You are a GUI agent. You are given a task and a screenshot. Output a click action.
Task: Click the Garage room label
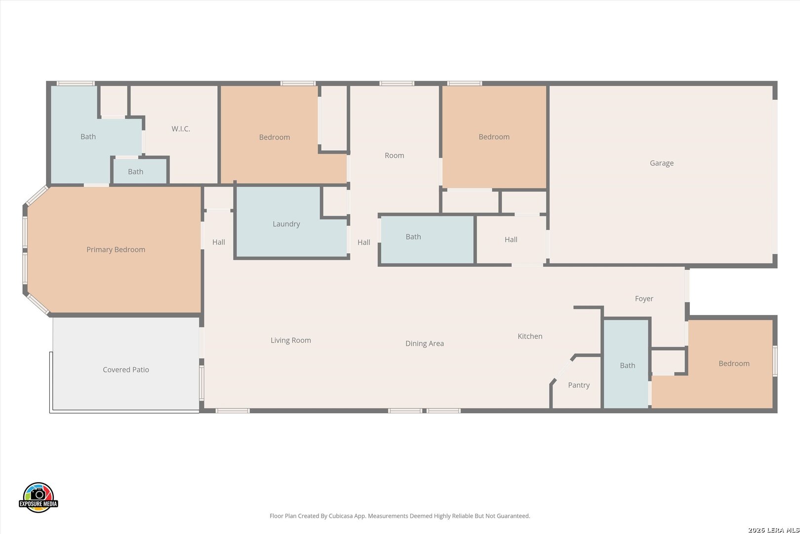point(661,163)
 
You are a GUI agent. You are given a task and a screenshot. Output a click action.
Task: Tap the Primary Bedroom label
point(116,250)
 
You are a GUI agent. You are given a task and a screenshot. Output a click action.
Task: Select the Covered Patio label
point(126,369)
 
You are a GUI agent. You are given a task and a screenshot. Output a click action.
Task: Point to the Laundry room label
point(286,224)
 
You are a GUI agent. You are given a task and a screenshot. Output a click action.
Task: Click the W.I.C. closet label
point(181,129)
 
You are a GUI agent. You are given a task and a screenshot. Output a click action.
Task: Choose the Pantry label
point(579,385)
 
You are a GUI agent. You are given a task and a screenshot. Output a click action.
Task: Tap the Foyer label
point(644,299)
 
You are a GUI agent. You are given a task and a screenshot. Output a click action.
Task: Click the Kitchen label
point(530,336)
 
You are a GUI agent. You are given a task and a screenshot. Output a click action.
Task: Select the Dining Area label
point(425,344)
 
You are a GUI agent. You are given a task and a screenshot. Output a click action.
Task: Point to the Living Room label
point(291,340)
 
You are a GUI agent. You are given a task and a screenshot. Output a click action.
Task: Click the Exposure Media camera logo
point(38,497)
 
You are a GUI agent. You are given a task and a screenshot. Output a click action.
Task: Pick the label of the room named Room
point(394,156)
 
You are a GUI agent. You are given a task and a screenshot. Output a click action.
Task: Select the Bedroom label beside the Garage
point(494,137)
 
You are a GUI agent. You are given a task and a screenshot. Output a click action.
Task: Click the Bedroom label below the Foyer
point(734,363)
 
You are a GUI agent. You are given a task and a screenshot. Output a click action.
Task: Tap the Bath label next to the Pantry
point(628,365)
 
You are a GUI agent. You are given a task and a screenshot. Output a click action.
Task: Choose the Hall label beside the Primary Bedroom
point(219,242)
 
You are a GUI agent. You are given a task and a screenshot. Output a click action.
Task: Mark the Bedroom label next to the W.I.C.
point(274,137)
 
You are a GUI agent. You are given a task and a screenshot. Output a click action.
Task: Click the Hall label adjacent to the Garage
point(511,240)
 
